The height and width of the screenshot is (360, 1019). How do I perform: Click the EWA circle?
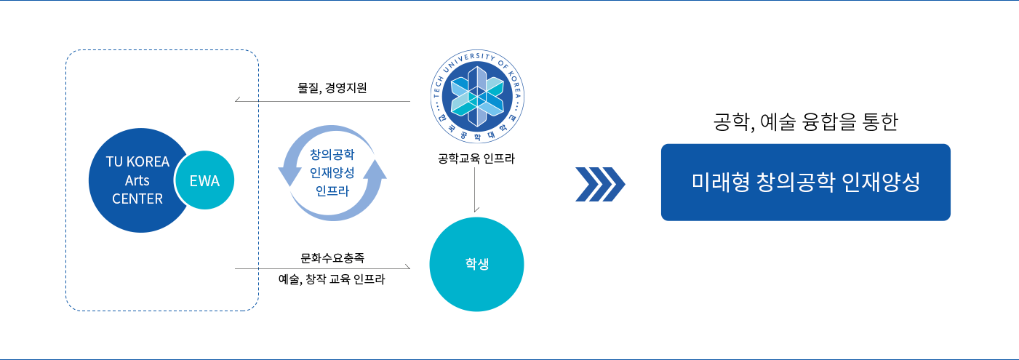[x=204, y=181]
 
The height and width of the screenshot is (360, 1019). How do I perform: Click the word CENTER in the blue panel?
[x=137, y=199]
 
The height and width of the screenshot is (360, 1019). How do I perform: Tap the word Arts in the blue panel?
[x=137, y=180]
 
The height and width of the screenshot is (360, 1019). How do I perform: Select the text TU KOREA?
[x=137, y=162]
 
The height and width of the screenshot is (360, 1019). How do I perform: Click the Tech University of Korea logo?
[x=476, y=97]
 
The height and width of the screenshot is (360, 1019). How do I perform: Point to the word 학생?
[x=476, y=264]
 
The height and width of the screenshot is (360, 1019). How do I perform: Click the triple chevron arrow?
[x=600, y=184]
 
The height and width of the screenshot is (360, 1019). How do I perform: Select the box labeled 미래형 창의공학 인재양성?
[x=805, y=182]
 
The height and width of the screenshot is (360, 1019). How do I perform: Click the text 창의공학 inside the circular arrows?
[x=332, y=155]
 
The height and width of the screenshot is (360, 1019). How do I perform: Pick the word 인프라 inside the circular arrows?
[x=332, y=191]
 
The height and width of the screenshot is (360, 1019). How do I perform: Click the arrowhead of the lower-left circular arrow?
[x=285, y=175]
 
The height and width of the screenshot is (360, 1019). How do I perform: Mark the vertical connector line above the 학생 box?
[x=476, y=189]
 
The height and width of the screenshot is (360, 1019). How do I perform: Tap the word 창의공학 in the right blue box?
[x=797, y=182]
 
